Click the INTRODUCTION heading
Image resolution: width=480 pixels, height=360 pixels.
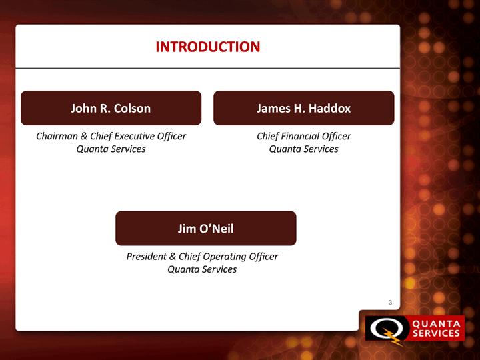tap(208, 47)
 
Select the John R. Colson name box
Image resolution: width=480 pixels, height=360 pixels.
tap(111, 108)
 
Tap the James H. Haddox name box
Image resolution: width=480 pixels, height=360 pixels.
tap(304, 108)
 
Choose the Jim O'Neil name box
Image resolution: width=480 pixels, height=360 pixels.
tap(206, 229)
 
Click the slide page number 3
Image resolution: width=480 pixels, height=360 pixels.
tap(390, 303)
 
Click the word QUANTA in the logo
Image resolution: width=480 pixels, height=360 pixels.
tap(436, 324)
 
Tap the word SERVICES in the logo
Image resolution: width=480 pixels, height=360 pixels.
tap(436, 333)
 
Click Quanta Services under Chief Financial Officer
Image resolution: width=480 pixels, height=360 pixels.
tap(304, 149)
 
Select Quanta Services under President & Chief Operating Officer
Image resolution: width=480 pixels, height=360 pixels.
tap(202, 269)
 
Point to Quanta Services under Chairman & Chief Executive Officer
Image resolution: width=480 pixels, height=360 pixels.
tap(111, 149)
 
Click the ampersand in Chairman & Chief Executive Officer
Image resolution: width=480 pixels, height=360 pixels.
tap(84, 136)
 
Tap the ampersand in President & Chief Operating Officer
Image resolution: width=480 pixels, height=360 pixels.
tap(173, 256)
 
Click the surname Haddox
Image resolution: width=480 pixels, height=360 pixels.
tap(330, 109)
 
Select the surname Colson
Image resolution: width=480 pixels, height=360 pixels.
tap(132, 109)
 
